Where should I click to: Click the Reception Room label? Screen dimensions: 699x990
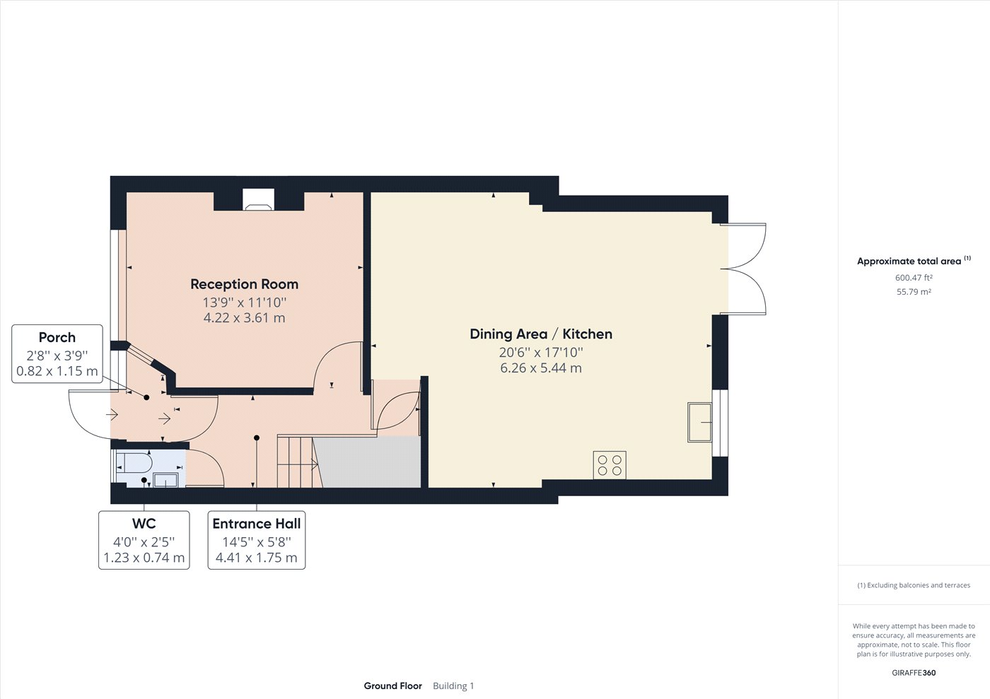(244, 284)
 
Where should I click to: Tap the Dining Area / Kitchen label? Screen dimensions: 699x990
(541, 334)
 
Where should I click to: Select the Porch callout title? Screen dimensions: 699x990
(57, 338)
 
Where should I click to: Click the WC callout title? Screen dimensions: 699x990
(144, 524)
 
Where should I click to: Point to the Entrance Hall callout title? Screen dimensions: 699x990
(257, 524)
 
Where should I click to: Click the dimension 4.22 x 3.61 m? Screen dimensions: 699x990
(244, 318)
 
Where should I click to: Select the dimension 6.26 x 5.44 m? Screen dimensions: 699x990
(541, 368)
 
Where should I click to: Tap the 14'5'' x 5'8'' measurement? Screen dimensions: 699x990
(257, 542)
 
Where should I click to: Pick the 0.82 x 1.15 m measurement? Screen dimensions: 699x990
(57, 371)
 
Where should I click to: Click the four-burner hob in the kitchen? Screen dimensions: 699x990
(610, 464)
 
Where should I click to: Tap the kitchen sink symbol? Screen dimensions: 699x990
(699, 422)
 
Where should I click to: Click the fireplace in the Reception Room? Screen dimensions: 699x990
(257, 200)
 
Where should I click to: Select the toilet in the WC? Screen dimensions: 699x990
(134, 463)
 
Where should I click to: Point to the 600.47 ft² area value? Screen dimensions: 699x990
(914, 278)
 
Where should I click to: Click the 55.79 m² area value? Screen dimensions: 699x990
(914, 292)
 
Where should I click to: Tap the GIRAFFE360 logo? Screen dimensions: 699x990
(914, 673)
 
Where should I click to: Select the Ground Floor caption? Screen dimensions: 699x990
(392, 686)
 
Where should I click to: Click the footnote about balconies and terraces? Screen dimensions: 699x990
(914, 585)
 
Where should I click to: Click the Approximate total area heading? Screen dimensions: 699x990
(909, 262)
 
